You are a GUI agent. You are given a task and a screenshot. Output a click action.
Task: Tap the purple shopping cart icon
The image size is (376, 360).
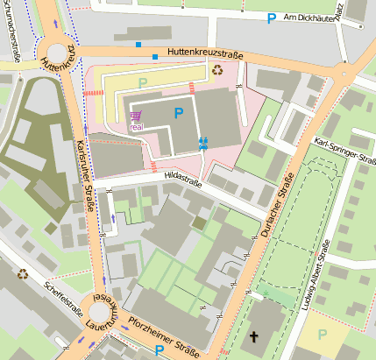tap(136, 116)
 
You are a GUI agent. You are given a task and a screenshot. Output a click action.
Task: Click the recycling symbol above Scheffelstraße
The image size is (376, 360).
tap(23, 273)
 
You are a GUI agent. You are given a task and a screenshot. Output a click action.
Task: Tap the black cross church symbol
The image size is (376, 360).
tap(255, 336)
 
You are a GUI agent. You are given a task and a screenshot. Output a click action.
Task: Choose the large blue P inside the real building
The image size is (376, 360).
tap(180, 113)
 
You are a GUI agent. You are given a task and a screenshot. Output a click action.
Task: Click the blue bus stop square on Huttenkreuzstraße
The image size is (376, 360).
tap(155, 58)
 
